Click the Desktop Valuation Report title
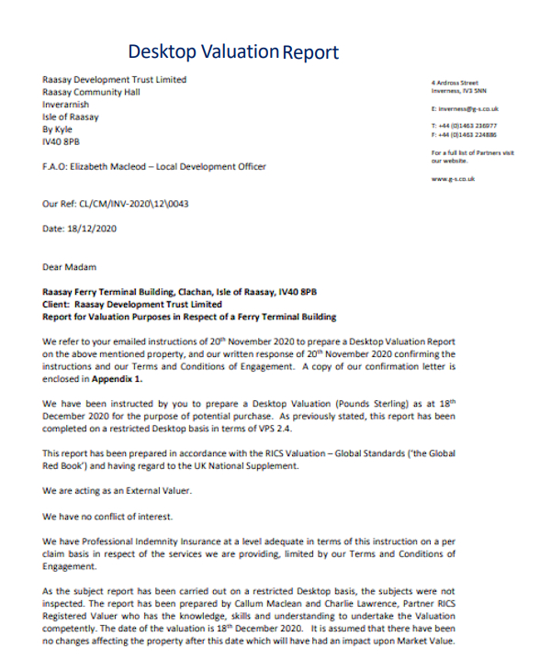click(x=233, y=52)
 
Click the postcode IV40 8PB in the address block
click(x=61, y=142)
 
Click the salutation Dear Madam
click(x=69, y=267)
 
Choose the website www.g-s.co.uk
click(x=453, y=179)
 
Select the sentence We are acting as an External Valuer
click(x=118, y=491)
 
